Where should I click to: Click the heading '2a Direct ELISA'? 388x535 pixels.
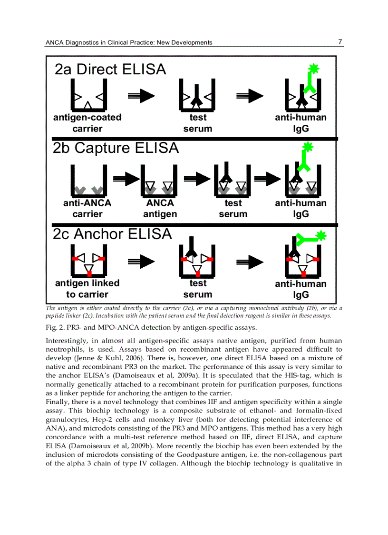(110, 70)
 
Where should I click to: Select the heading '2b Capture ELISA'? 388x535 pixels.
(116, 148)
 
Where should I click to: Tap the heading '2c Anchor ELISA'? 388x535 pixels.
(112, 234)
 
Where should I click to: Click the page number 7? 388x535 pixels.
(340, 42)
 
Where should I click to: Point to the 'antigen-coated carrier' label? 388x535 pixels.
(87, 123)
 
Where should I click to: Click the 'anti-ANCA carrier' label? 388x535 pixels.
(87, 208)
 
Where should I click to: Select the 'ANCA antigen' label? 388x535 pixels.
(160, 208)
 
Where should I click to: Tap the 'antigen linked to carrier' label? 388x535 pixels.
(87, 289)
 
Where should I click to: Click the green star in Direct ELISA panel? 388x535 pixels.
(313, 69)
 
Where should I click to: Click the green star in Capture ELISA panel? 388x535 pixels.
(308, 147)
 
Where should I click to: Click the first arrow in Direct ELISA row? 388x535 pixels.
(141, 96)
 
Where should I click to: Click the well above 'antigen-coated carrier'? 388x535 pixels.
(88, 95)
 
